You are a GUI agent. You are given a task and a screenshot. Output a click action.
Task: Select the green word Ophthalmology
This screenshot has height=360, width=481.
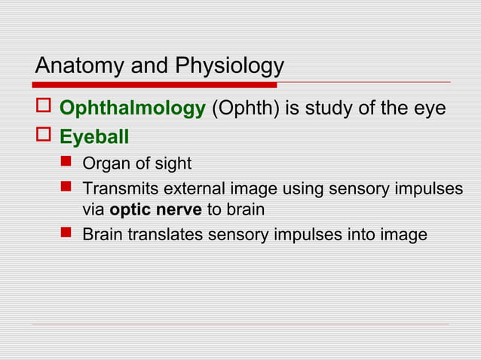(132, 109)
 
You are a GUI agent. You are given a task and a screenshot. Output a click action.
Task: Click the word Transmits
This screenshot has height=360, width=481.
(118, 187)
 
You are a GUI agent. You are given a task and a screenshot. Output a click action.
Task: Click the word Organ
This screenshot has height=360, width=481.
(104, 163)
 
